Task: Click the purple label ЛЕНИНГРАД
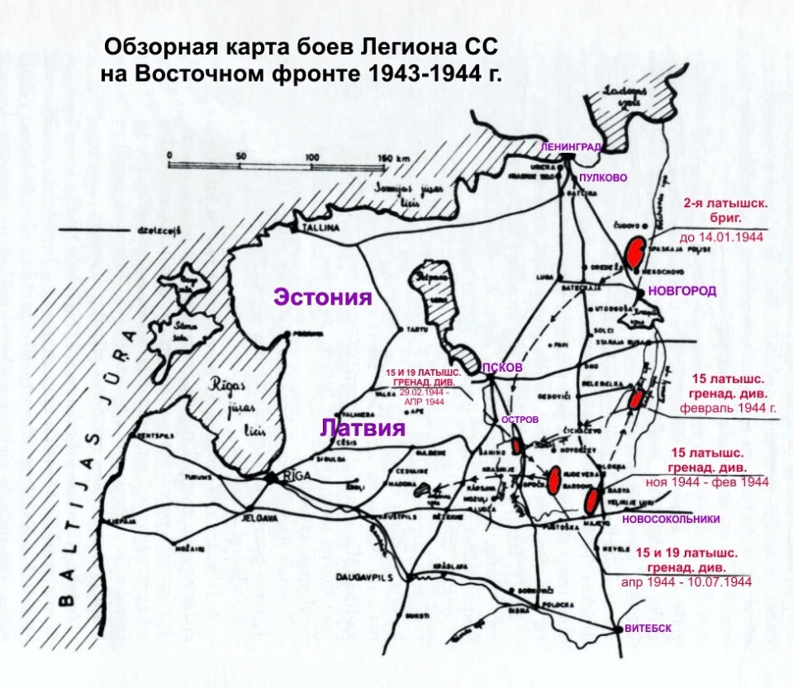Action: pos(571,147)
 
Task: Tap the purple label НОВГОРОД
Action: pos(681,292)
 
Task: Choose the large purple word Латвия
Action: pos(362,429)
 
